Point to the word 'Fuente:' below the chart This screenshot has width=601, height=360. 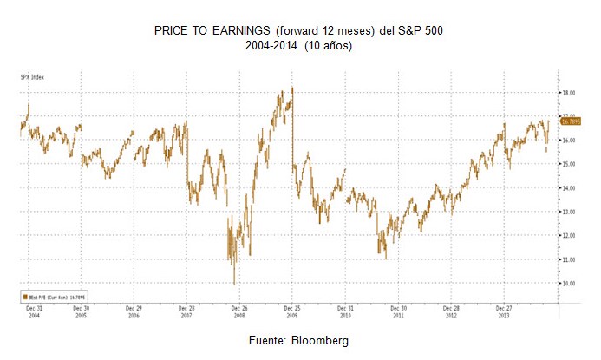click(x=271, y=341)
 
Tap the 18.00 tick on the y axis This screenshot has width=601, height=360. click(x=569, y=93)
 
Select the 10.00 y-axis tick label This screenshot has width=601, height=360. click(x=569, y=284)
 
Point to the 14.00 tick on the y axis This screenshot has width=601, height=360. click(x=569, y=188)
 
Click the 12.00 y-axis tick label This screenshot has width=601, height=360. click(x=569, y=236)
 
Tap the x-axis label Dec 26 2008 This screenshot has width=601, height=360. click(x=239, y=311)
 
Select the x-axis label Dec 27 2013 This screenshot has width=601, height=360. click(x=504, y=311)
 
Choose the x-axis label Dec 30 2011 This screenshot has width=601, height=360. click(x=398, y=311)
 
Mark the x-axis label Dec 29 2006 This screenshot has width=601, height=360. click(x=134, y=311)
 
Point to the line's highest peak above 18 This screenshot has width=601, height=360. click(x=293, y=88)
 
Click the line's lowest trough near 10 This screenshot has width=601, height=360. click(x=234, y=283)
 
